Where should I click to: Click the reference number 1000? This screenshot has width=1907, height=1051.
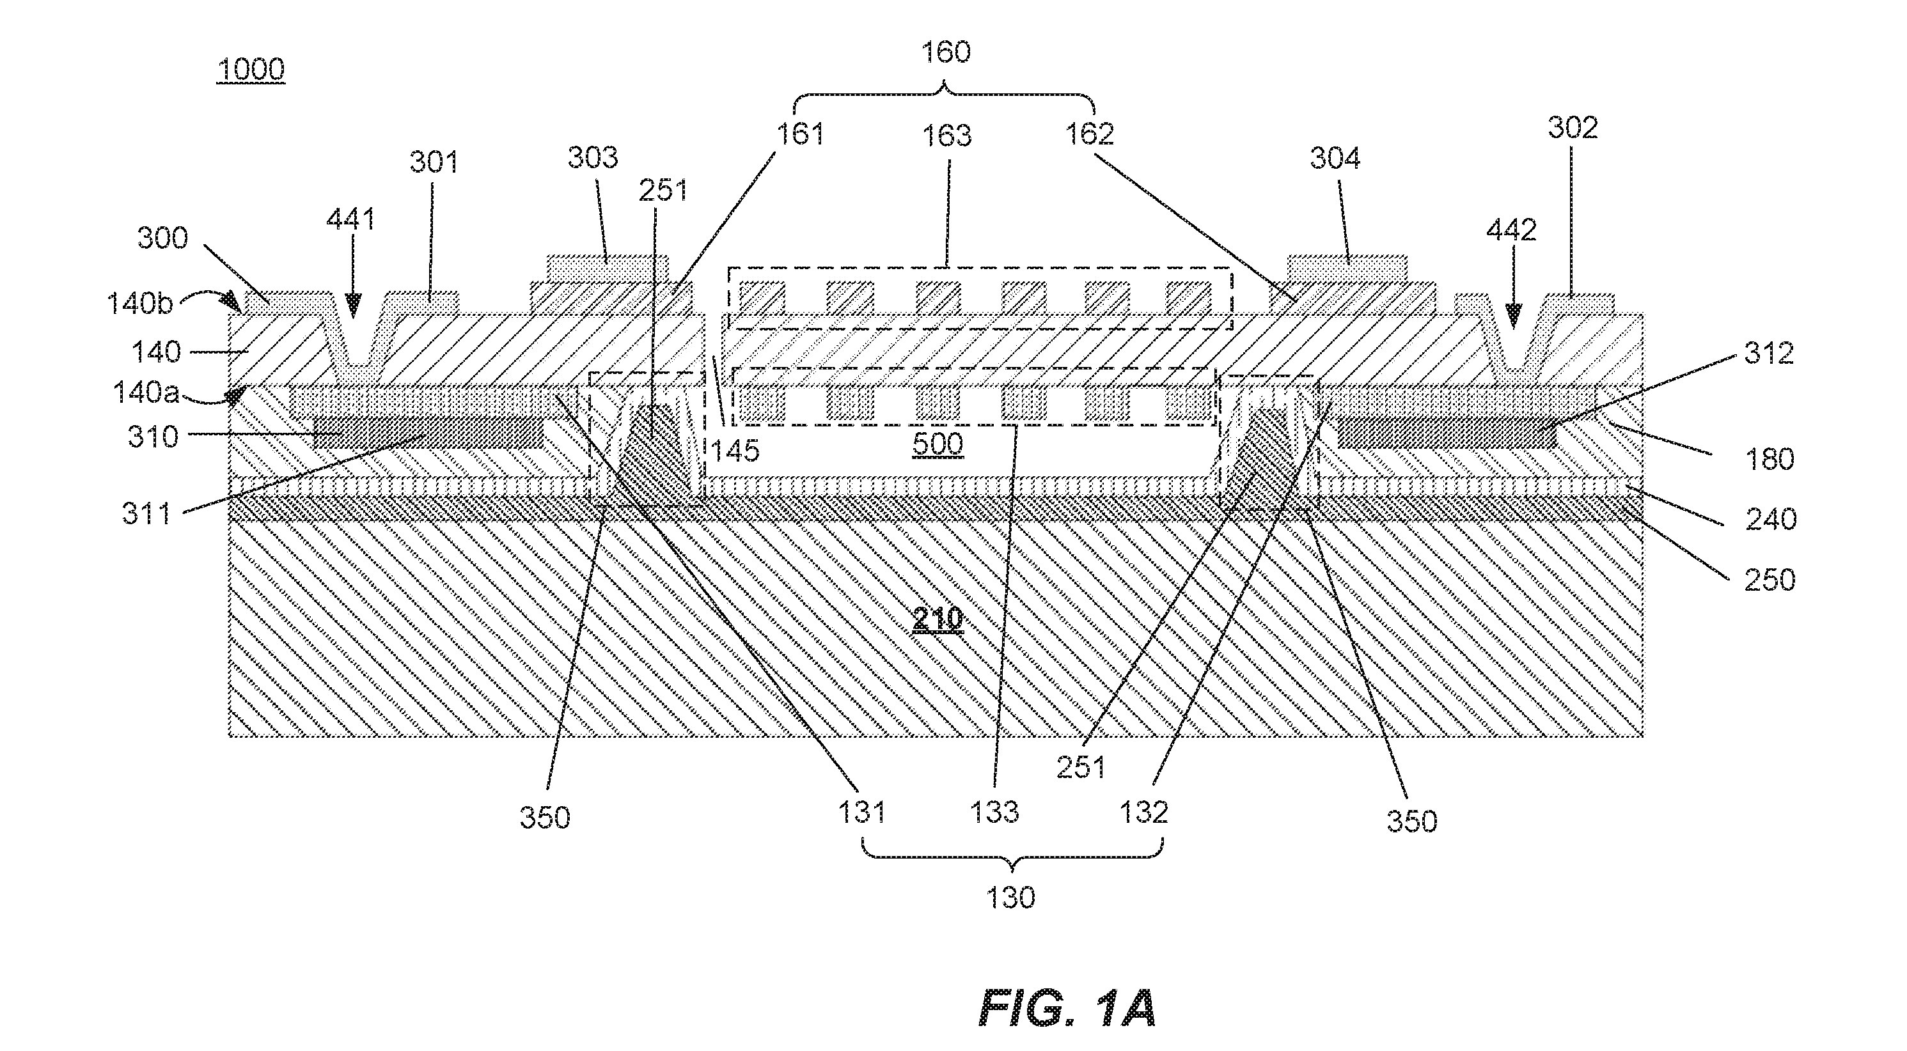click(251, 70)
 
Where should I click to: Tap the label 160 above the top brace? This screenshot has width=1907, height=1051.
click(945, 52)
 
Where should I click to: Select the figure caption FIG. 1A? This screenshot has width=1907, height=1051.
click(1067, 1008)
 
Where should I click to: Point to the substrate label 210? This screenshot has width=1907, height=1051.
click(938, 619)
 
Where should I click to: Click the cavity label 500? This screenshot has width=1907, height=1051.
click(938, 444)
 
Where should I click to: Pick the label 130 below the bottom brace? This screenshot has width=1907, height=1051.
click(1010, 898)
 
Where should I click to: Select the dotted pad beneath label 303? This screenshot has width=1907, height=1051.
click(607, 268)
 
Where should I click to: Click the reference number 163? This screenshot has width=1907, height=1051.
click(948, 136)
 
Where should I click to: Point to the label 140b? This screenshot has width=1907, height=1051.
click(140, 303)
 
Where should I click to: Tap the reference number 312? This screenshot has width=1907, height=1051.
click(1769, 353)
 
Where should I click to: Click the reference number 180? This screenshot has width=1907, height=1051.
click(1770, 460)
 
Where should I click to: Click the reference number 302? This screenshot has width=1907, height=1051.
click(1573, 128)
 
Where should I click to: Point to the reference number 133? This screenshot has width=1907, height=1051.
click(995, 813)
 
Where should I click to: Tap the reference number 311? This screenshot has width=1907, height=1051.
click(146, 513)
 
